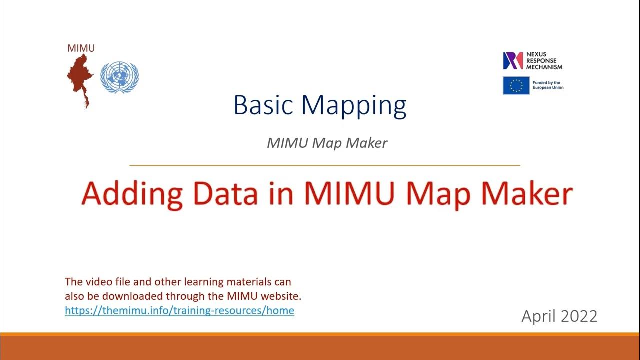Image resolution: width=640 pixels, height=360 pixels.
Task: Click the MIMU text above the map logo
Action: (81, 48)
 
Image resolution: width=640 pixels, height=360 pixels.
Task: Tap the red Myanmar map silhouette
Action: (80, 77)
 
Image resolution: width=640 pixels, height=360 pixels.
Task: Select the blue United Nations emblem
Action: (119, 77)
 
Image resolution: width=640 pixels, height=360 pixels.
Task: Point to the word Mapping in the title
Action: (354, 105)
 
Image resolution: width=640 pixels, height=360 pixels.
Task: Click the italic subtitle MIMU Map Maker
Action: (327, 143)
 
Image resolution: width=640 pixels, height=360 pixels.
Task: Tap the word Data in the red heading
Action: (225, 194)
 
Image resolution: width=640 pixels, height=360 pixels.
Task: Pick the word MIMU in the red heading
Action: (345, 194)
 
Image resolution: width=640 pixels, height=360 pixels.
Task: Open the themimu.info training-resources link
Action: (179, 310)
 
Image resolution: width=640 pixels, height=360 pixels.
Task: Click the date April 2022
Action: (559, 316)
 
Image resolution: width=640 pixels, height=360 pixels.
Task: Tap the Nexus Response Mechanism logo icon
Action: (512, 60)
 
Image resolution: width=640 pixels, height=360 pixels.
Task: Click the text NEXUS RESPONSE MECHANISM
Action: (544, 60)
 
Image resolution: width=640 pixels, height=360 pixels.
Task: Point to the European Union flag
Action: (516, 85)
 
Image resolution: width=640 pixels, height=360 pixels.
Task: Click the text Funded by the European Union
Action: (548, 85)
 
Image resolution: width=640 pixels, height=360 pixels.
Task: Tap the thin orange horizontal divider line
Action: (325, 165)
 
